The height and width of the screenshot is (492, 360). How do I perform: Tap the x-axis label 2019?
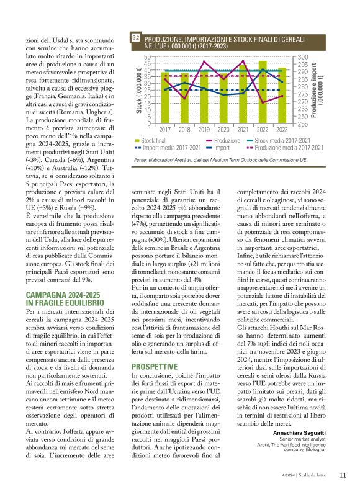[x=204, y=130]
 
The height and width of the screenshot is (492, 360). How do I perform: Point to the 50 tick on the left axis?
[x=146, y=56]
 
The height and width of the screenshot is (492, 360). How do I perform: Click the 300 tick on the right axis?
[x=304, y=56]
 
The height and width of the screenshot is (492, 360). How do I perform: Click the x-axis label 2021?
[x=243, y=130]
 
